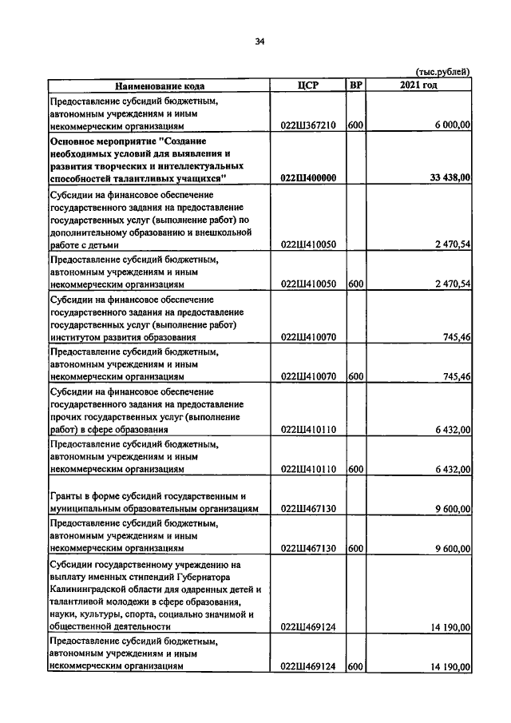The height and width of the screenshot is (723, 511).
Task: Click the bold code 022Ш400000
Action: (308, 178)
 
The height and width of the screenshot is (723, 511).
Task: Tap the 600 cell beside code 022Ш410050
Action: (355, 284)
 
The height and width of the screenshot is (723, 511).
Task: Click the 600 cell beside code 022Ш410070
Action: (355, 376)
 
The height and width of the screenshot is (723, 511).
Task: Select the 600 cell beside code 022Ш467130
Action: (355, 549)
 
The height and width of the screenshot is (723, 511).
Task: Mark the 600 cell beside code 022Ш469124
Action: (355, 666)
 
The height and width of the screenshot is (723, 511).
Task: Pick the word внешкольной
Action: (225, 232)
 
